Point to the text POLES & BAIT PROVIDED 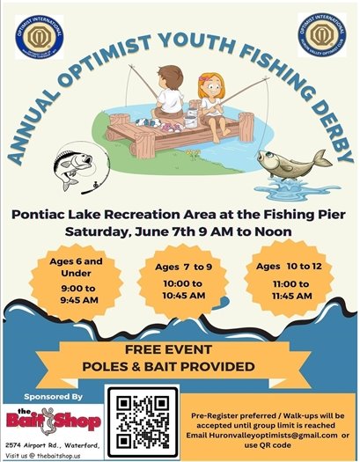179,368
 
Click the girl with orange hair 210,94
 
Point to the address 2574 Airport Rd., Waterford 50,445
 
